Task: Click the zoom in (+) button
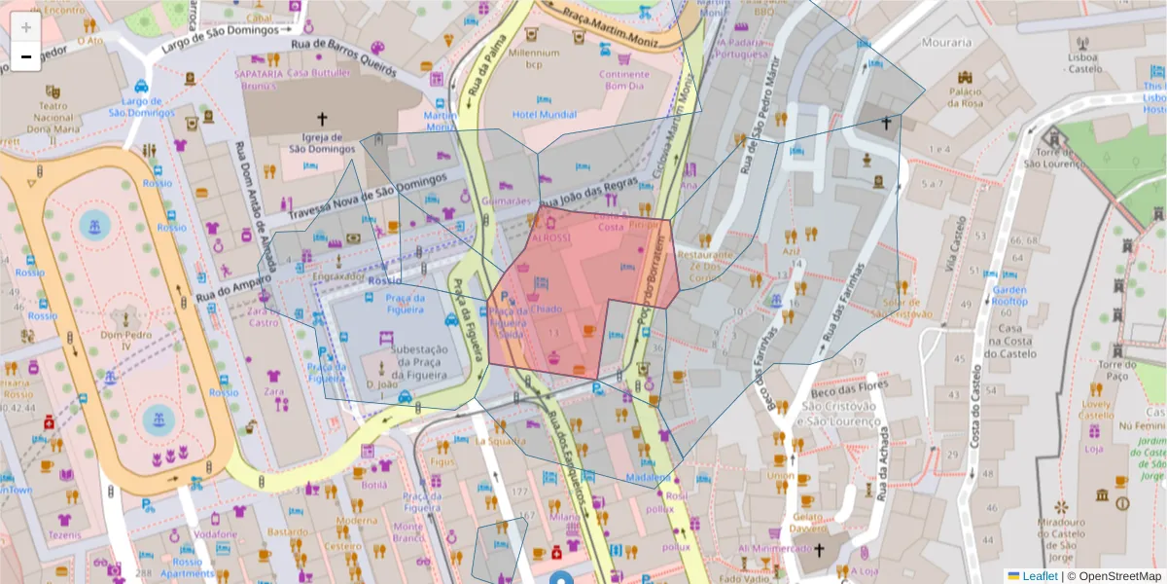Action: (26, 27)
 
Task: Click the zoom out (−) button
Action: (26, 57)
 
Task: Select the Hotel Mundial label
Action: (545, 115)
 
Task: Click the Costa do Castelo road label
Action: (974, 409)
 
